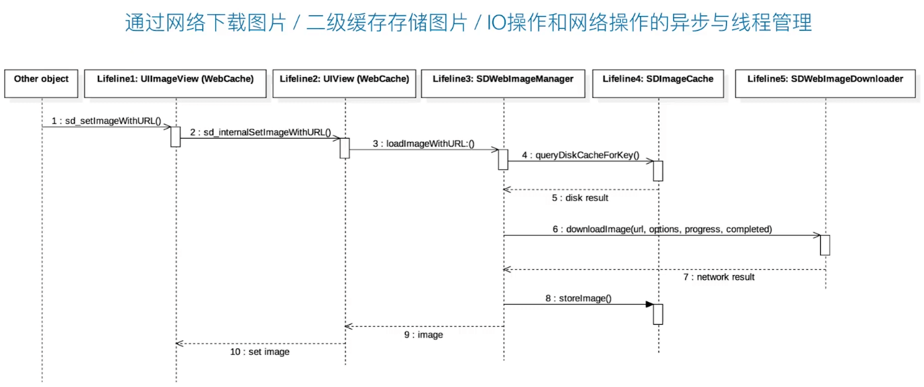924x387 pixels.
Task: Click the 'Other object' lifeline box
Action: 42,84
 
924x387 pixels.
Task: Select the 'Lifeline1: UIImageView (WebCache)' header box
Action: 175,84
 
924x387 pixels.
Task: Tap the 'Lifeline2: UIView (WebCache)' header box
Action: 345,84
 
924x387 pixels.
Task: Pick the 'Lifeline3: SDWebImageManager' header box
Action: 504,84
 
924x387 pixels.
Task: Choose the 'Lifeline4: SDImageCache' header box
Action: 658,84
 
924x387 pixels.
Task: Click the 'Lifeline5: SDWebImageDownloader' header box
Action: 825,84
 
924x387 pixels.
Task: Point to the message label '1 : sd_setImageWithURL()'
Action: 107,121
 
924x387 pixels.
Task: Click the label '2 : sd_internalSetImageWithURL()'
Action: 261,132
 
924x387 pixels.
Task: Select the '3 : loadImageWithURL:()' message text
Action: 424,144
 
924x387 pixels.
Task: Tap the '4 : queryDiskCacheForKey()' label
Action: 581,155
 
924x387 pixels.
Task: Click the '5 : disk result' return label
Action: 580,198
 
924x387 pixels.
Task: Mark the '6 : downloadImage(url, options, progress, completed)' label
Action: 662,229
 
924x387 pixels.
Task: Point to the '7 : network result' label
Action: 719,277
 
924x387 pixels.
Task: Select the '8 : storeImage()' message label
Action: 578,299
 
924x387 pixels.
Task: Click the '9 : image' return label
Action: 424,335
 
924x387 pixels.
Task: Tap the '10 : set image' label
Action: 260,352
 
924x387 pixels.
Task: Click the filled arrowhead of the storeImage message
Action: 650,304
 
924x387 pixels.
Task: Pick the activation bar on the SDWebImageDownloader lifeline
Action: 825,245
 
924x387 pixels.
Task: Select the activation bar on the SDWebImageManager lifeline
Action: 504,160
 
